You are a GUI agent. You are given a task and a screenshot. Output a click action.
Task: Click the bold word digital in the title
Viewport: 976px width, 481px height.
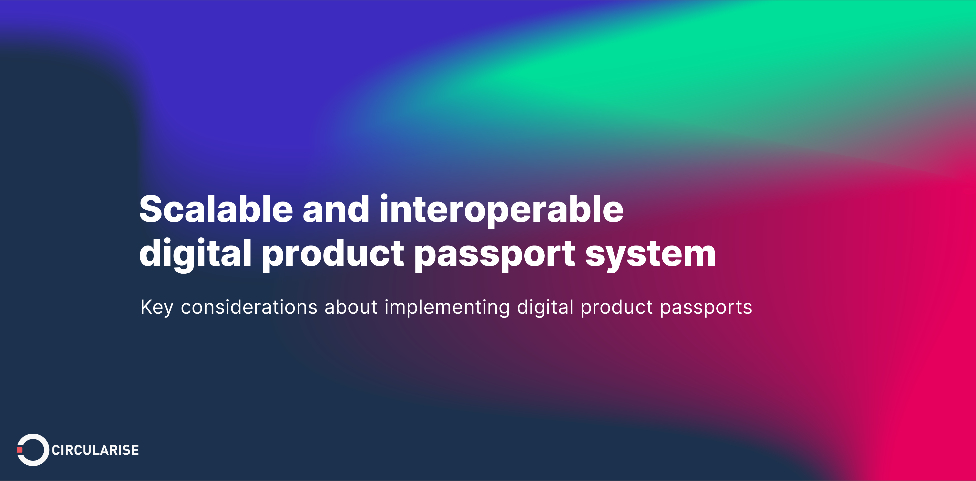195,253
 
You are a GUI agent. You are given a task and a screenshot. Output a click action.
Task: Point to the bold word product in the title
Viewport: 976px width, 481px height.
333,253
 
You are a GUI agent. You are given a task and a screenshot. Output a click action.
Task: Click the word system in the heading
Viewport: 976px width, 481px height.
650,253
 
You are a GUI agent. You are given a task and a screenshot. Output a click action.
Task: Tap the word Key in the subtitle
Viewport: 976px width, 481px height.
156,307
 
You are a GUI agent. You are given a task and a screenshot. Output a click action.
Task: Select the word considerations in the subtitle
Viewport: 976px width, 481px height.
249,307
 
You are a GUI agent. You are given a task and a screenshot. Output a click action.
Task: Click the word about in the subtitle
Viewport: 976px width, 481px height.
351,307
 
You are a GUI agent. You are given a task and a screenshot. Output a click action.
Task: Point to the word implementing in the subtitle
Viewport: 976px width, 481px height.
447,307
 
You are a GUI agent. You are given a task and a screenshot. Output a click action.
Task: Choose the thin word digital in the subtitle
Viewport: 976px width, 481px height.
545,307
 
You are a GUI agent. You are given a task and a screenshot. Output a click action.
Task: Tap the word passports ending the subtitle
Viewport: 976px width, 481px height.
706,307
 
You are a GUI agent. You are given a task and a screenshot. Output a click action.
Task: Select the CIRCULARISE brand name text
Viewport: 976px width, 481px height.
95,450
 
